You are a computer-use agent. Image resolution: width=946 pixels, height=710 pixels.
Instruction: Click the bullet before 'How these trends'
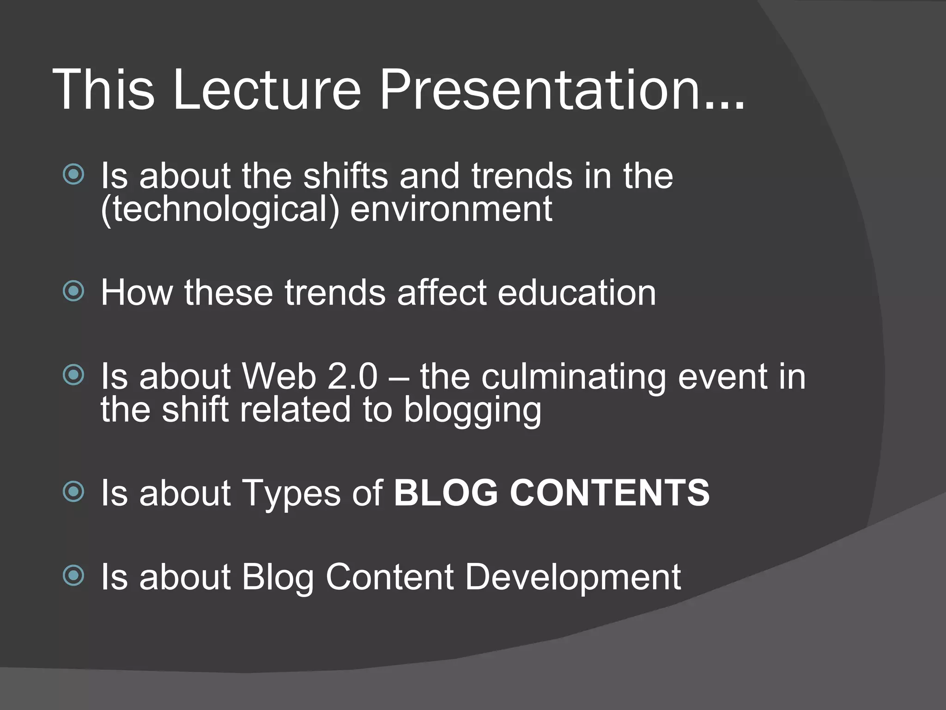pos(74,291)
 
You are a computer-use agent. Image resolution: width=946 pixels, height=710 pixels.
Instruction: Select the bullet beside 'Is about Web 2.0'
pos(74,375)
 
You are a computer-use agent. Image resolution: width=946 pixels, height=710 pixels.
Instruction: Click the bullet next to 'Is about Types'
pos(74,491)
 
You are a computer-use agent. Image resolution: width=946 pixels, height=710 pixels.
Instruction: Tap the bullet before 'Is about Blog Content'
pos(74,575)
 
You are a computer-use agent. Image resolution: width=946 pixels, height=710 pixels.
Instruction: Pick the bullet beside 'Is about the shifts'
pos(74,175)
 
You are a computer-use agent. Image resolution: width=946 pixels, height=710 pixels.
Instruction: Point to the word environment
pos(451,209)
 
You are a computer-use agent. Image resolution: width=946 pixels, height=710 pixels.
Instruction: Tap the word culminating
pos(573,377)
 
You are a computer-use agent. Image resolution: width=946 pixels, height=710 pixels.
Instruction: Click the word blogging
pos(472,410)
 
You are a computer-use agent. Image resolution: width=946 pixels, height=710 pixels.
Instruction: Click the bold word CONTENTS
pos(610,493)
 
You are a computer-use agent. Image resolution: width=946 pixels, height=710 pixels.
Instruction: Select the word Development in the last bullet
pos(573,578)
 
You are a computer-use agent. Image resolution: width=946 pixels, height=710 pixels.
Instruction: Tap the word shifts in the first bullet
pos(346,176)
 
